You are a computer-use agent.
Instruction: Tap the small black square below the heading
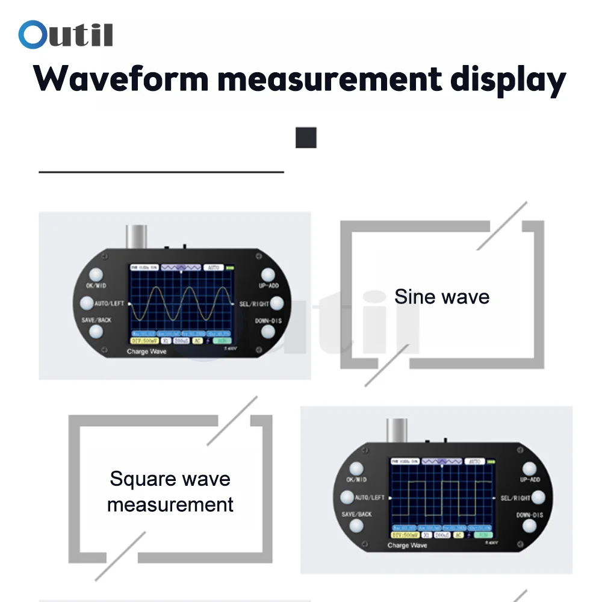[306, 138]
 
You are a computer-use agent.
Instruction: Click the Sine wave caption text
[442, 297]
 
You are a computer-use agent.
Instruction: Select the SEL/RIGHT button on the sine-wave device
[276, 303]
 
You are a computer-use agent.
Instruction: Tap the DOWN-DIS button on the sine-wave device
[268, 332]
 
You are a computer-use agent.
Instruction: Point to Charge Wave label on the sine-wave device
[146, 351]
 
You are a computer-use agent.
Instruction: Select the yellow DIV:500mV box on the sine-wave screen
[143, 341]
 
